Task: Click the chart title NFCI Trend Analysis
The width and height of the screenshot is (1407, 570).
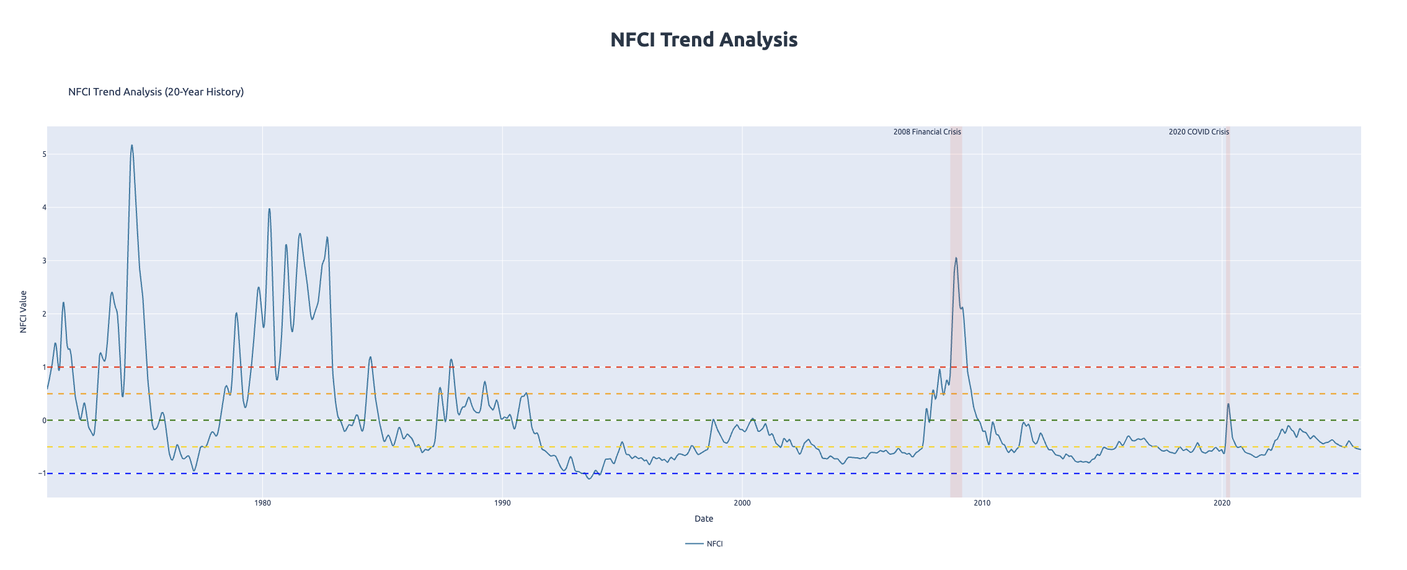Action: pyautogui.click(x=703, y=40)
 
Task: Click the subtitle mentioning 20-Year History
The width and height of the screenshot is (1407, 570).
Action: pyautogui.click(x=156, y=92)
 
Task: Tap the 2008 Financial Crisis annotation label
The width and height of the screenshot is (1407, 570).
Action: pyautogui.click(x=926, y=132)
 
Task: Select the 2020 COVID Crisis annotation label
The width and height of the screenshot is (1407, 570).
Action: pyautogui.click(x=1198, y=132)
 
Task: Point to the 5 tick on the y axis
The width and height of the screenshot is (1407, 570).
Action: pyautogui.click(x=44, y=154)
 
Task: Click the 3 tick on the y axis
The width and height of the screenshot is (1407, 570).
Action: pyautogui.click(x=44, y=261)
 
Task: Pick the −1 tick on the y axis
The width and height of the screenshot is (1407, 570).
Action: pyautogui.click(x=42, y=473)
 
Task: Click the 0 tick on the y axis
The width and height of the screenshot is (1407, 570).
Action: pyautogui.click(x=44, y=421)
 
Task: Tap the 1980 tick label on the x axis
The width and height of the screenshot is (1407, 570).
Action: pyautogui.click(x=262, y=503)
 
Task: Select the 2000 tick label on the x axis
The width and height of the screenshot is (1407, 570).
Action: pyautogui.click(x=742, y=503)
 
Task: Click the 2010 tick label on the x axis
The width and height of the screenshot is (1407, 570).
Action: pyautogui.click(x=982, y=503)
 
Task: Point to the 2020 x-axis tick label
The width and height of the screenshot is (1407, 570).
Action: pyautogui.click(x=1222, y=503)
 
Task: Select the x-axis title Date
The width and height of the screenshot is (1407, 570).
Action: pyautogui.click(x=703, y=519)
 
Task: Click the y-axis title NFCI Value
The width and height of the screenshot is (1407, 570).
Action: pyautogui.click(x=24, y=312)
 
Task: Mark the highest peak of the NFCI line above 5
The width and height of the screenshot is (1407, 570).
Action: pyautogui.click(x=131, y=146)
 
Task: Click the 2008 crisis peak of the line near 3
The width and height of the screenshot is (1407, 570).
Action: pyautogui.click(x=956, y=258)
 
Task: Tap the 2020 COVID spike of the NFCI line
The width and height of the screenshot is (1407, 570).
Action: pyautogui.click(x=1228, y=404)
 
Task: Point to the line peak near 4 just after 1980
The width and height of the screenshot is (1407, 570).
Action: pyautogui.click(x=269, y=209)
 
